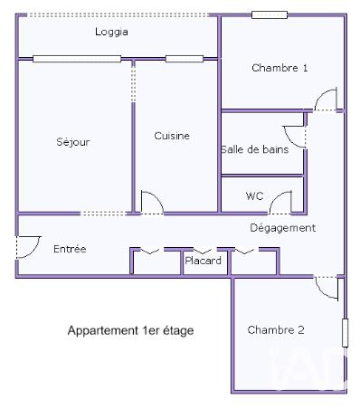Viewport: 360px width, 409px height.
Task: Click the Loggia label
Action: pyautogui.click(x=111, y=32)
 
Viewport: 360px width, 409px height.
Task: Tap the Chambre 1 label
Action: pyautogui.click(x=279, y=68)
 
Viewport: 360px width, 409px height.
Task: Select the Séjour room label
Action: pyautogui.click(x=73, y=142)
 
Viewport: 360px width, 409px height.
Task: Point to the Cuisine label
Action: pyautogui.click(x=172, y=136)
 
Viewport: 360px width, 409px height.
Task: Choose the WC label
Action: pyautogui.click(x=254, y=195)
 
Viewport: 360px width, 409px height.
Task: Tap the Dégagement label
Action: pyautogui.click(x=283, y=228)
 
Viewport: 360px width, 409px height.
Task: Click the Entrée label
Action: pyautogui.click(x=70, y=249)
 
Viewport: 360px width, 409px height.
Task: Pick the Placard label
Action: pyautogui.click(x=204, y=262)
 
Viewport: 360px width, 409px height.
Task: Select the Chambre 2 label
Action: pyautogui.click(x=276, y=330)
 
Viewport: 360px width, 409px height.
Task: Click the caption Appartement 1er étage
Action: pyautogui.click(x=130, y=331)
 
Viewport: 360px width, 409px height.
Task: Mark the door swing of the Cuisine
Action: pyautogui.click(x=151, y=204)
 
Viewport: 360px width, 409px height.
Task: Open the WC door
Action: pyautogui.click(x=283, y=203)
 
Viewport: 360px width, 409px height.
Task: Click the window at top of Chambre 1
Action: pyautogui.click(x=270, y=14)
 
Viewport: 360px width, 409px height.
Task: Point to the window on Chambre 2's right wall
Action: pyautogui.click(x=344, y=331)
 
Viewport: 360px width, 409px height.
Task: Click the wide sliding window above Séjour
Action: pyautogui.click(x=77, y=59)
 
